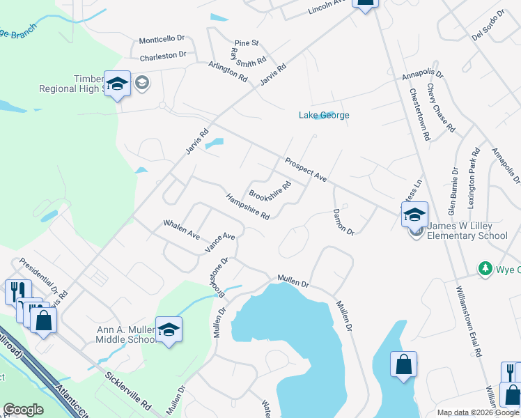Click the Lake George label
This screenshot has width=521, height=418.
pos(324,116)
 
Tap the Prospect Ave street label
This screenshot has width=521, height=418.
pos(306,170)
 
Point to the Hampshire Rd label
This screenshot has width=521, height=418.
pos(248,207)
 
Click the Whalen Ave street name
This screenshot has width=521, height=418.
pos(182,229)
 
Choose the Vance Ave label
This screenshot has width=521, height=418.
pos(220,242)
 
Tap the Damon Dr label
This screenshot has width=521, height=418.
pos(343,222)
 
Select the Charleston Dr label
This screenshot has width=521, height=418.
pos(163,55)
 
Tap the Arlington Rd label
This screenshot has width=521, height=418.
pos(228,72)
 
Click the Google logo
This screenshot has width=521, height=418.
pos(23,410)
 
